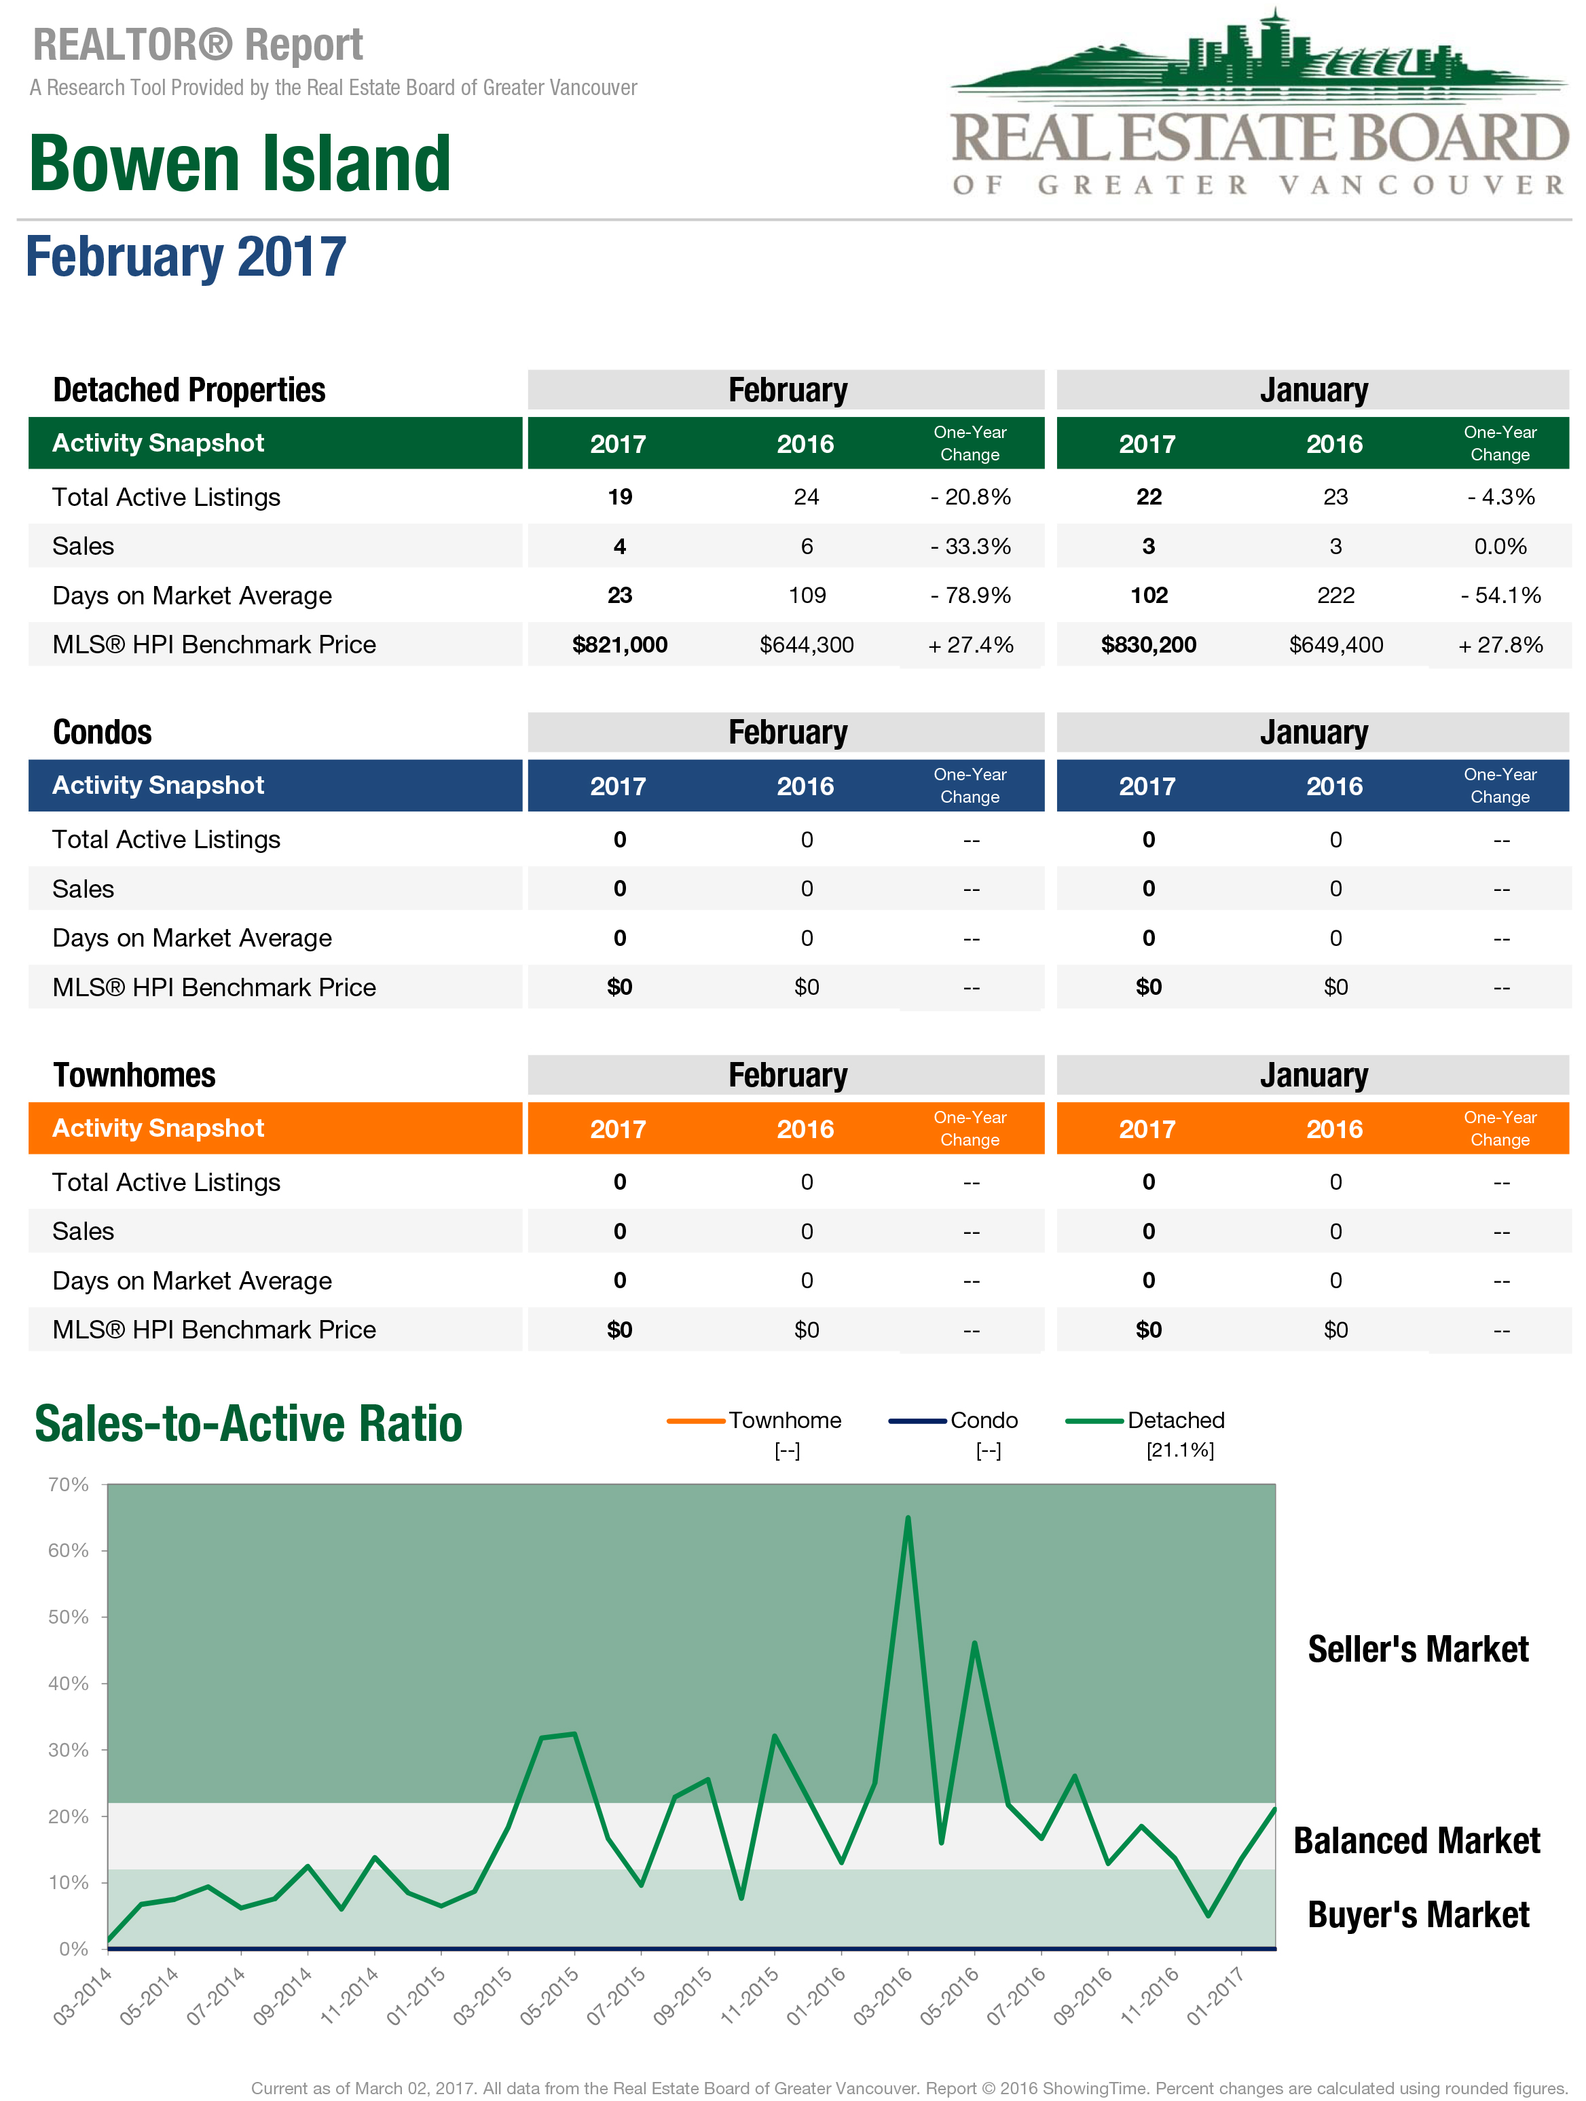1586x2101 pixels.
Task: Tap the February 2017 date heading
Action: pyautogui.click(x=186, y=257)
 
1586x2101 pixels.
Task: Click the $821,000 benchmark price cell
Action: pyautogui.click(x=619, y=645)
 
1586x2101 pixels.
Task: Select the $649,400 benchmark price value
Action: pyautogui.click(x=1335, y=645)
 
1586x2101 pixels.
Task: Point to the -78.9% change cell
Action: pyautogui.click(x=971, y=596)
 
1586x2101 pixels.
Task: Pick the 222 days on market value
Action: pyautogui.click(x=1335, y=596)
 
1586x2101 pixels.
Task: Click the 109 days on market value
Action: pyautogui.click(x=807, y=596)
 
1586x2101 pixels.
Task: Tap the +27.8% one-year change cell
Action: pyautogui.click(x=1500, y=645)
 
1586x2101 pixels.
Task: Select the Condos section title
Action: pyautogui.click(x=103, y=732)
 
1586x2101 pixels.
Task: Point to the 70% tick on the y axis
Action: pyautogui.click(x=69, y=1484)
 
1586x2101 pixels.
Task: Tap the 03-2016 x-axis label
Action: pyautogui.click(x=882, y=1996)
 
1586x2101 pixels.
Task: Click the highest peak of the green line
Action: pyautogui.click(x=908, y=1518)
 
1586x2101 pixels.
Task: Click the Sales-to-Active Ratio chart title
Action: pyautogui.click(x=248, y=1424)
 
